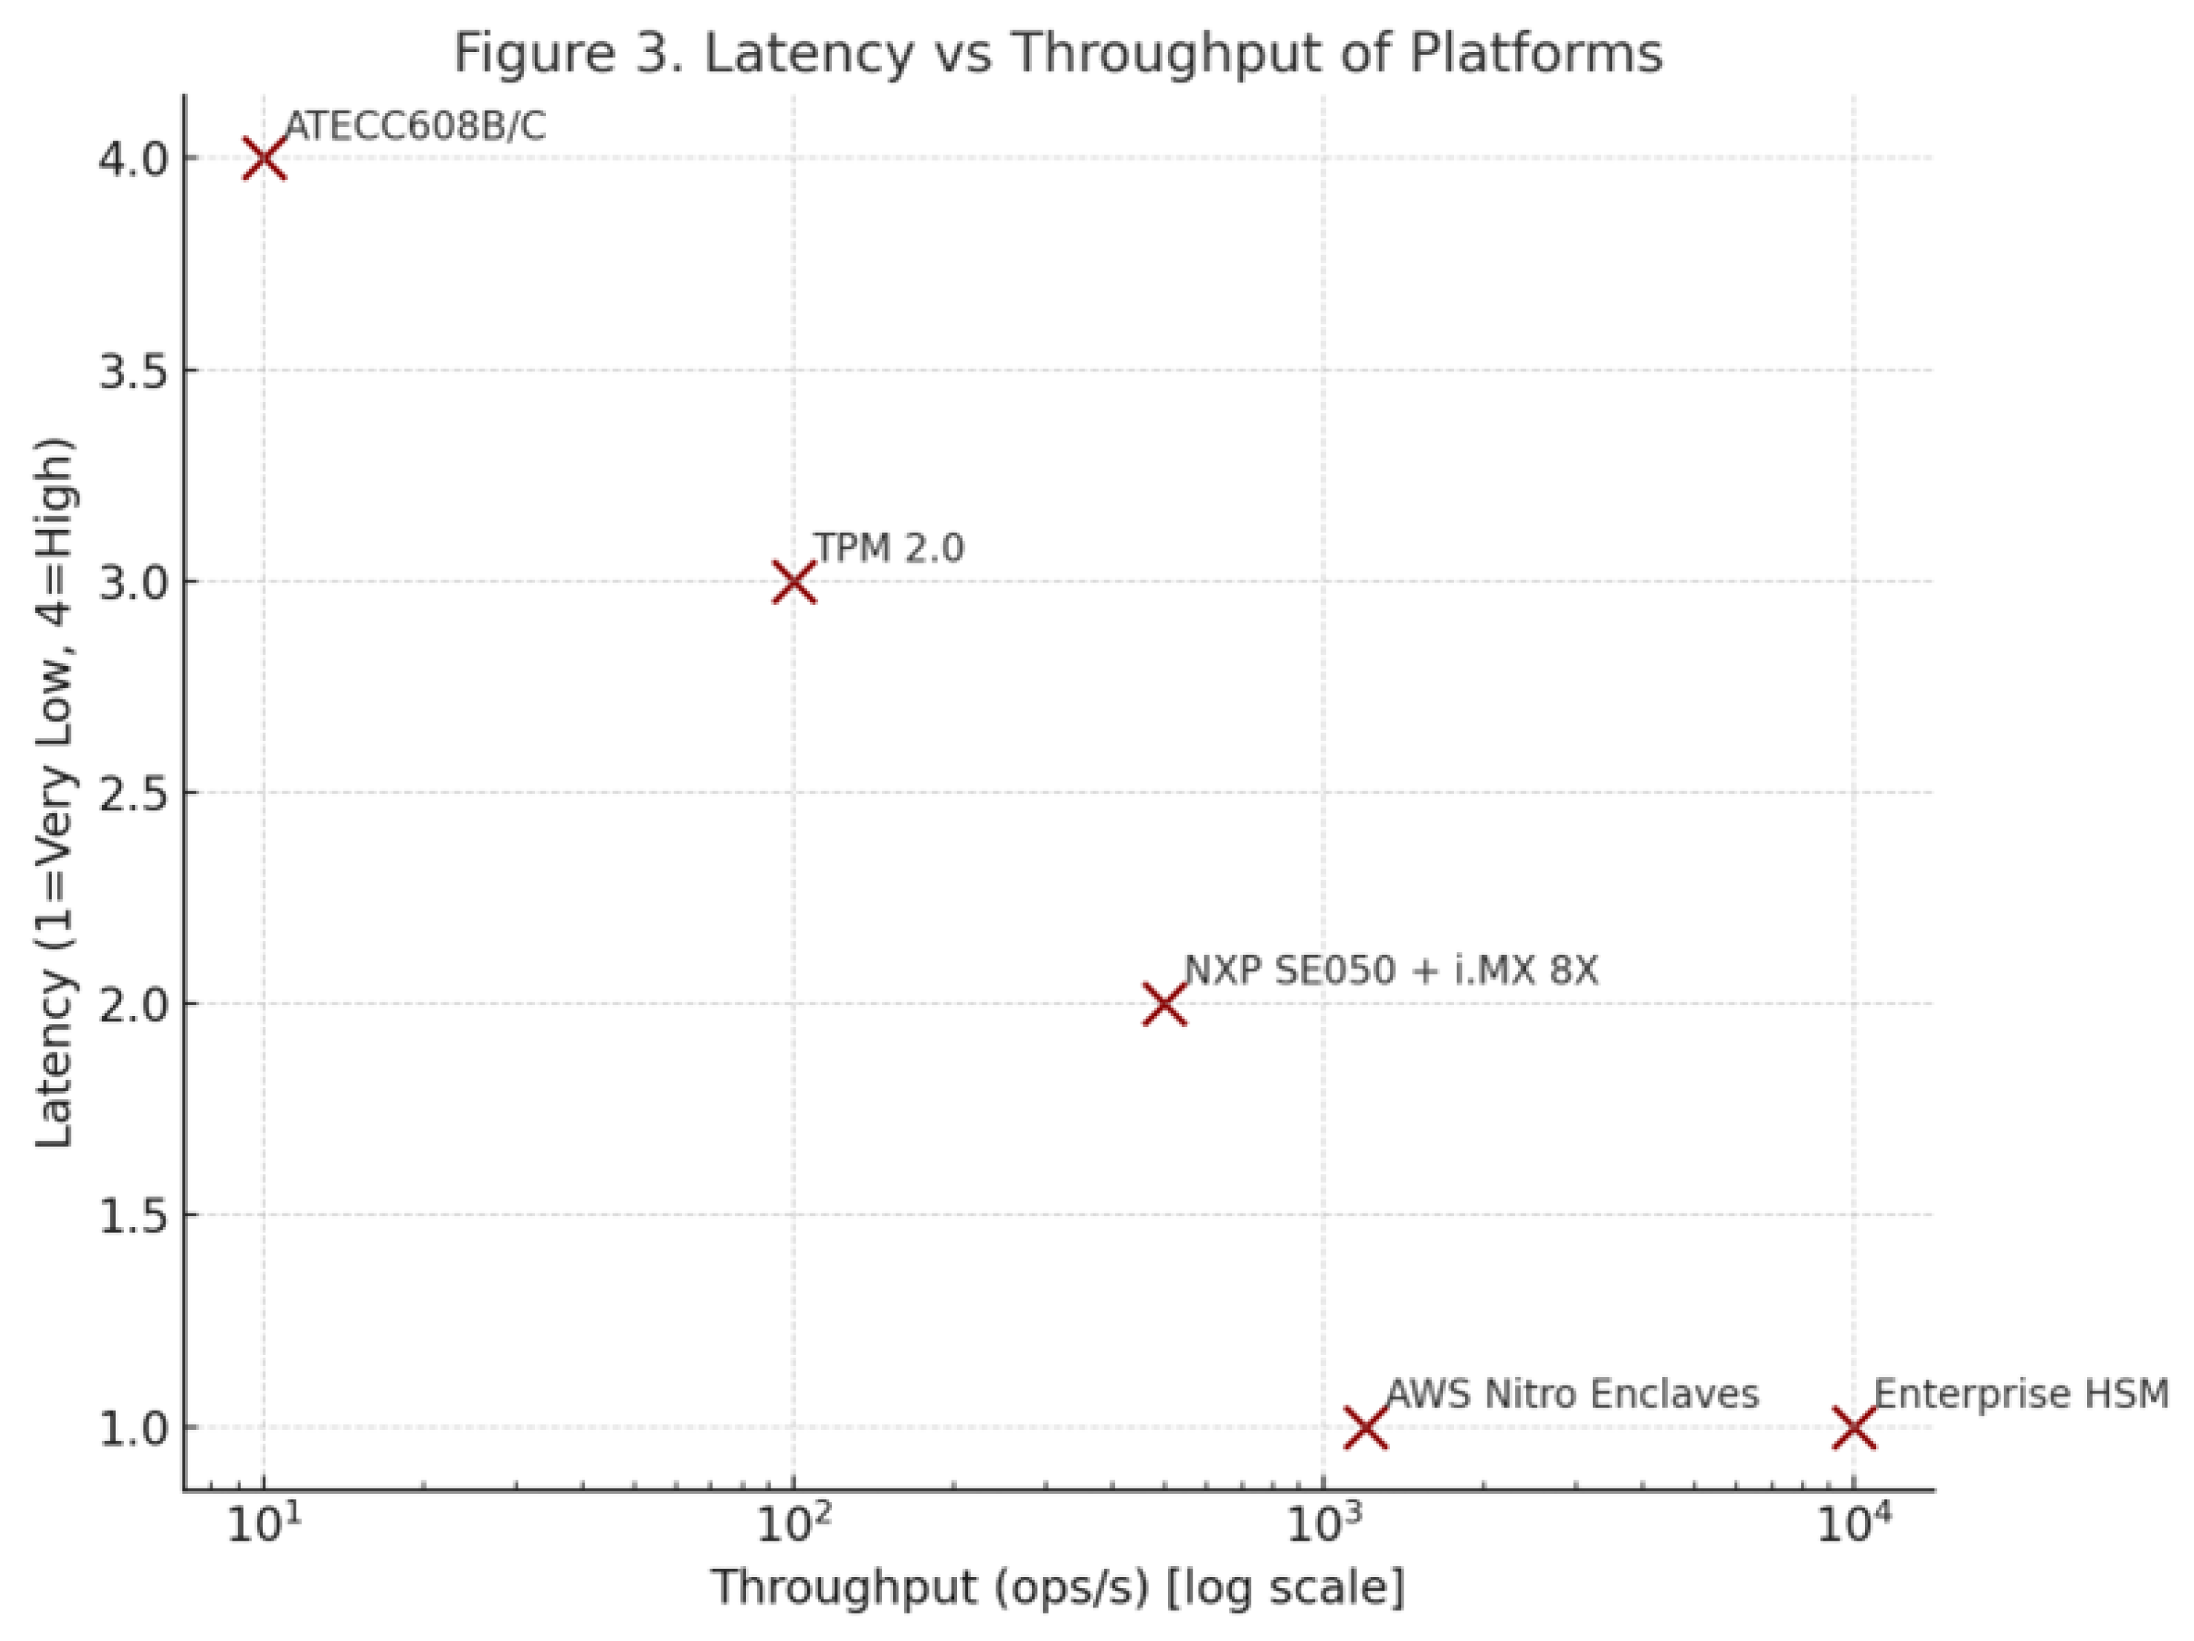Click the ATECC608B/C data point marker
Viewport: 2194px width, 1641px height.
(x=264, y=158)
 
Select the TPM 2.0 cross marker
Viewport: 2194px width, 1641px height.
(x=793, y=583)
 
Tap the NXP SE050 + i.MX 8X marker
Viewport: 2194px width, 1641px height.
(x=1164, y=1005)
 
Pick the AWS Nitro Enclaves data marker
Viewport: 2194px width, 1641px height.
(x=1366, y=1428)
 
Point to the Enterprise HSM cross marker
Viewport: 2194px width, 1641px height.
(x=1854, y=1428)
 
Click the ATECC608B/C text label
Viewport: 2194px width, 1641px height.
(x=415, y=127)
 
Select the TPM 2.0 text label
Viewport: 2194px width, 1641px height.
(x=889, y=548)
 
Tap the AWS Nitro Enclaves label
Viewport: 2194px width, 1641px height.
(x=1572, y=1394)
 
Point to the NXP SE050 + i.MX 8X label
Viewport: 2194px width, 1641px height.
(x=1392, y=971)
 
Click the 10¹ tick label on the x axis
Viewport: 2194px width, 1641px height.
(x=264, y=1526)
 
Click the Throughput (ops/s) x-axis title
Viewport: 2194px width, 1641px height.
(x=1057, y=1587)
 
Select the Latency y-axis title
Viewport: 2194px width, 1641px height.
(x=56, y=794)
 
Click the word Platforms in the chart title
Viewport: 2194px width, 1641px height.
(x=1536, y=54)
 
